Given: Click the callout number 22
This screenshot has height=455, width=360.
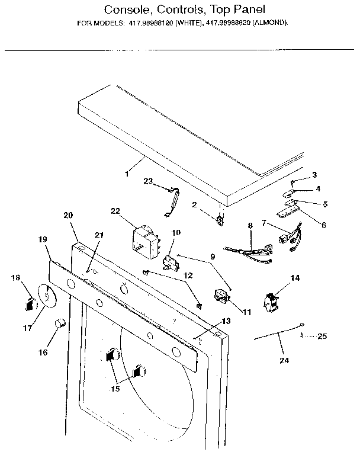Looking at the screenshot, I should pos(115,212).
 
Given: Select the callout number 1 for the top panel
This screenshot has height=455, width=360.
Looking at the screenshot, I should pos(126,174).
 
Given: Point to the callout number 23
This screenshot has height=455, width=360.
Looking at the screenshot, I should pos(147,181).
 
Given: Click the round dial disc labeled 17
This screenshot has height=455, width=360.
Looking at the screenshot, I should pos(43,296).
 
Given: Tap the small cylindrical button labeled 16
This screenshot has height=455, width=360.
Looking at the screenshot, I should pos(59,323).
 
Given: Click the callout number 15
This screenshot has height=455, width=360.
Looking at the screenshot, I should pos(114,389).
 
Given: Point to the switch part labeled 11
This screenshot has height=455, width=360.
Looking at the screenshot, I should pos(221,296).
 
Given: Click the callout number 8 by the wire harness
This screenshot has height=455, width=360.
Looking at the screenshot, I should pos(250,225).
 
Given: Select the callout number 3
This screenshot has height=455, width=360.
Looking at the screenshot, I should pos(314,174).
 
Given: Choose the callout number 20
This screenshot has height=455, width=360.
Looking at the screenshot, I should pos(67,215).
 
